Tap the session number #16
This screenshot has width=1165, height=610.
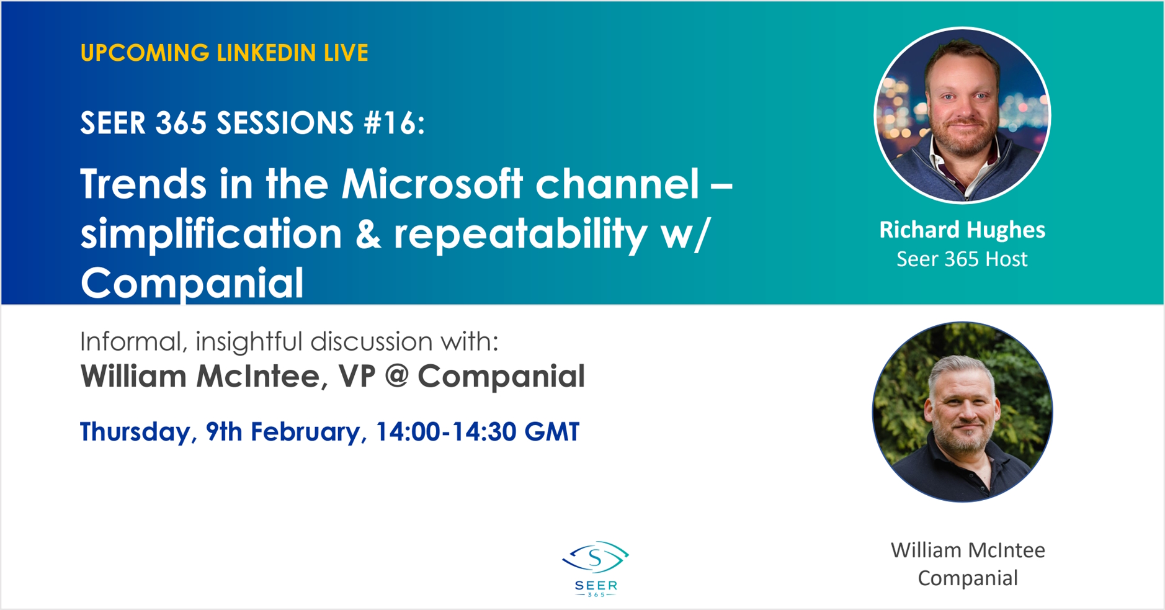click(394, 123)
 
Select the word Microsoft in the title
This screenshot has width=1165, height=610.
click(432, 184)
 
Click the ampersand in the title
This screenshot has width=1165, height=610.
click(368, 235)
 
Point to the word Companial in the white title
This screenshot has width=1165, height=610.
click(192, 283)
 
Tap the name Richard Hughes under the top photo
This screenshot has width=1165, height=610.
click(962, 230)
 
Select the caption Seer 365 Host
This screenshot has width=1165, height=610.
click(962, 259)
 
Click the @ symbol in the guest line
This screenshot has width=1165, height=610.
click(396, 377)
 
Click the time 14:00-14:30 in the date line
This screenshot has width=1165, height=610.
click(445, 432)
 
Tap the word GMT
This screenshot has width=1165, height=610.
click(552, 432)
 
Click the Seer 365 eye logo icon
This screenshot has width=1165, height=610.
click(596, 557)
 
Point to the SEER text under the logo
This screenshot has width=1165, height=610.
click(596, 586)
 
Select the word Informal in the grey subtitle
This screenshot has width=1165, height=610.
click(134, 342)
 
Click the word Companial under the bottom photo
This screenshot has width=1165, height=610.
click(968, 578)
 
